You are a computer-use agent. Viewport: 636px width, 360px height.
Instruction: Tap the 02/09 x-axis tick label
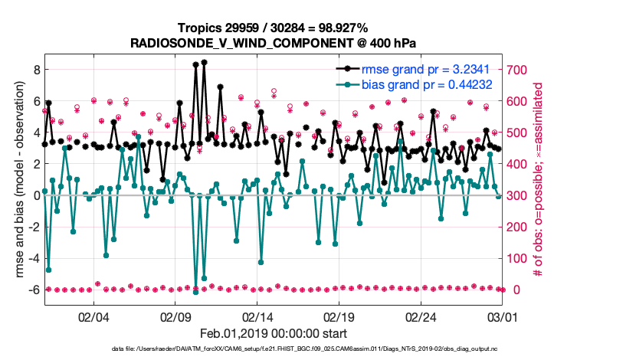point(175,316)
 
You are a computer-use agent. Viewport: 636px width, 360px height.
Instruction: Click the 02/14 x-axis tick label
point(257,316)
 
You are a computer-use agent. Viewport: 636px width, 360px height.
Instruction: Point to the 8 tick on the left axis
point(34,69)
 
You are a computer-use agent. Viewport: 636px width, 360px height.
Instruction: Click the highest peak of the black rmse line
point(204,62)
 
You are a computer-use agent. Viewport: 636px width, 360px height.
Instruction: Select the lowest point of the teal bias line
point(195,292)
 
